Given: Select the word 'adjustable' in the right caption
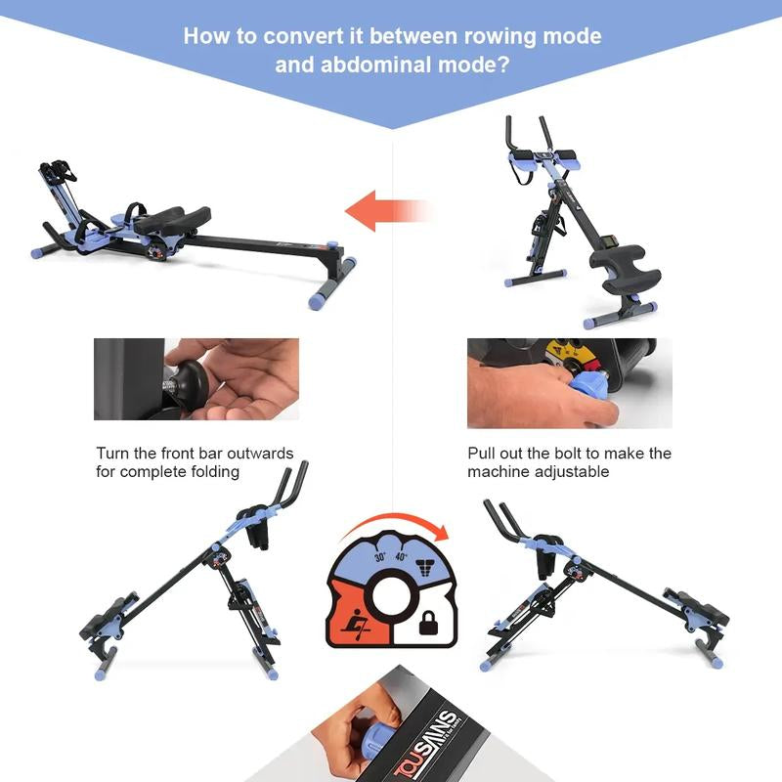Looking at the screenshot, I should (x=574, y=472).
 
